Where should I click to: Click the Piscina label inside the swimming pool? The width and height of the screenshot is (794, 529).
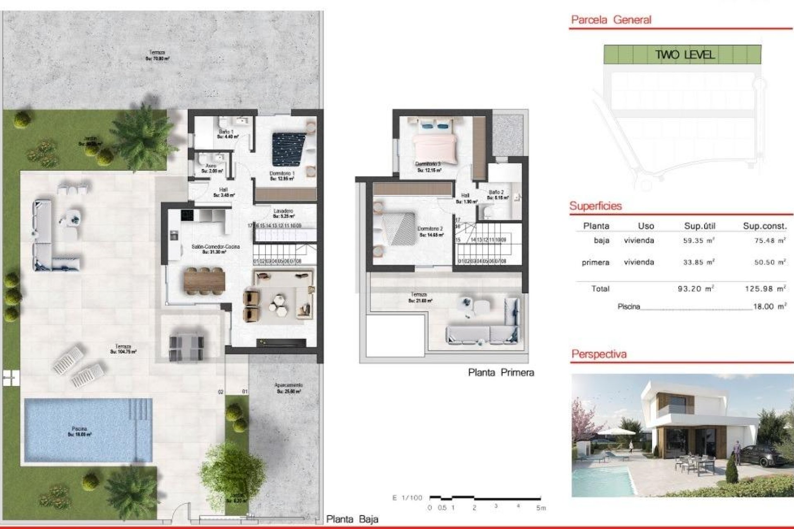(x=79, y=431)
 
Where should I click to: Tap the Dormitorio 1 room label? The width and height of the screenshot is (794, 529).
(x=282, y=176)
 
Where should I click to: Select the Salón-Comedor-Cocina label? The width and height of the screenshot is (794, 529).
(x=215, y=249)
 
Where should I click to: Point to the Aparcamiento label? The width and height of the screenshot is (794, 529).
(x=289, y=388)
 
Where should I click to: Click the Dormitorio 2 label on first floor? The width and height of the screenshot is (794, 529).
(x=430, y=231)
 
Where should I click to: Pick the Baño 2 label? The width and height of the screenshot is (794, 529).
(x=496, y=195)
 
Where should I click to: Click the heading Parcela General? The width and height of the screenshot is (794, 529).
(x=611, y=20)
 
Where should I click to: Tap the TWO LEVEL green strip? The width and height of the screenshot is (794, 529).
(x=682, y=55)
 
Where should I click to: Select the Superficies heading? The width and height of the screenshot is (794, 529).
(x=595, y=206)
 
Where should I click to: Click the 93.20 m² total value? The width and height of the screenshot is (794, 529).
(x=696, y=289)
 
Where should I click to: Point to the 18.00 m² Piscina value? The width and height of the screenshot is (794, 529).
(x=769, y=307)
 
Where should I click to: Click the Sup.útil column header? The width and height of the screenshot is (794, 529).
(x=700, y=226)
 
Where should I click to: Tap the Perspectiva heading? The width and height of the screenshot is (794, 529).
(x=599, y=354)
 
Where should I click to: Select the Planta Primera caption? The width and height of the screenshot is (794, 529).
(x=501, y=372)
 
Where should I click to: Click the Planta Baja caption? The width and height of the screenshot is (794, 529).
(x=352, y=519)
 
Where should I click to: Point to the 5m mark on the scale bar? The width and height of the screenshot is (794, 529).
(x=541, y=508)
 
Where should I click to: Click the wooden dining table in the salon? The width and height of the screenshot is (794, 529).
(x=204, y=280)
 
